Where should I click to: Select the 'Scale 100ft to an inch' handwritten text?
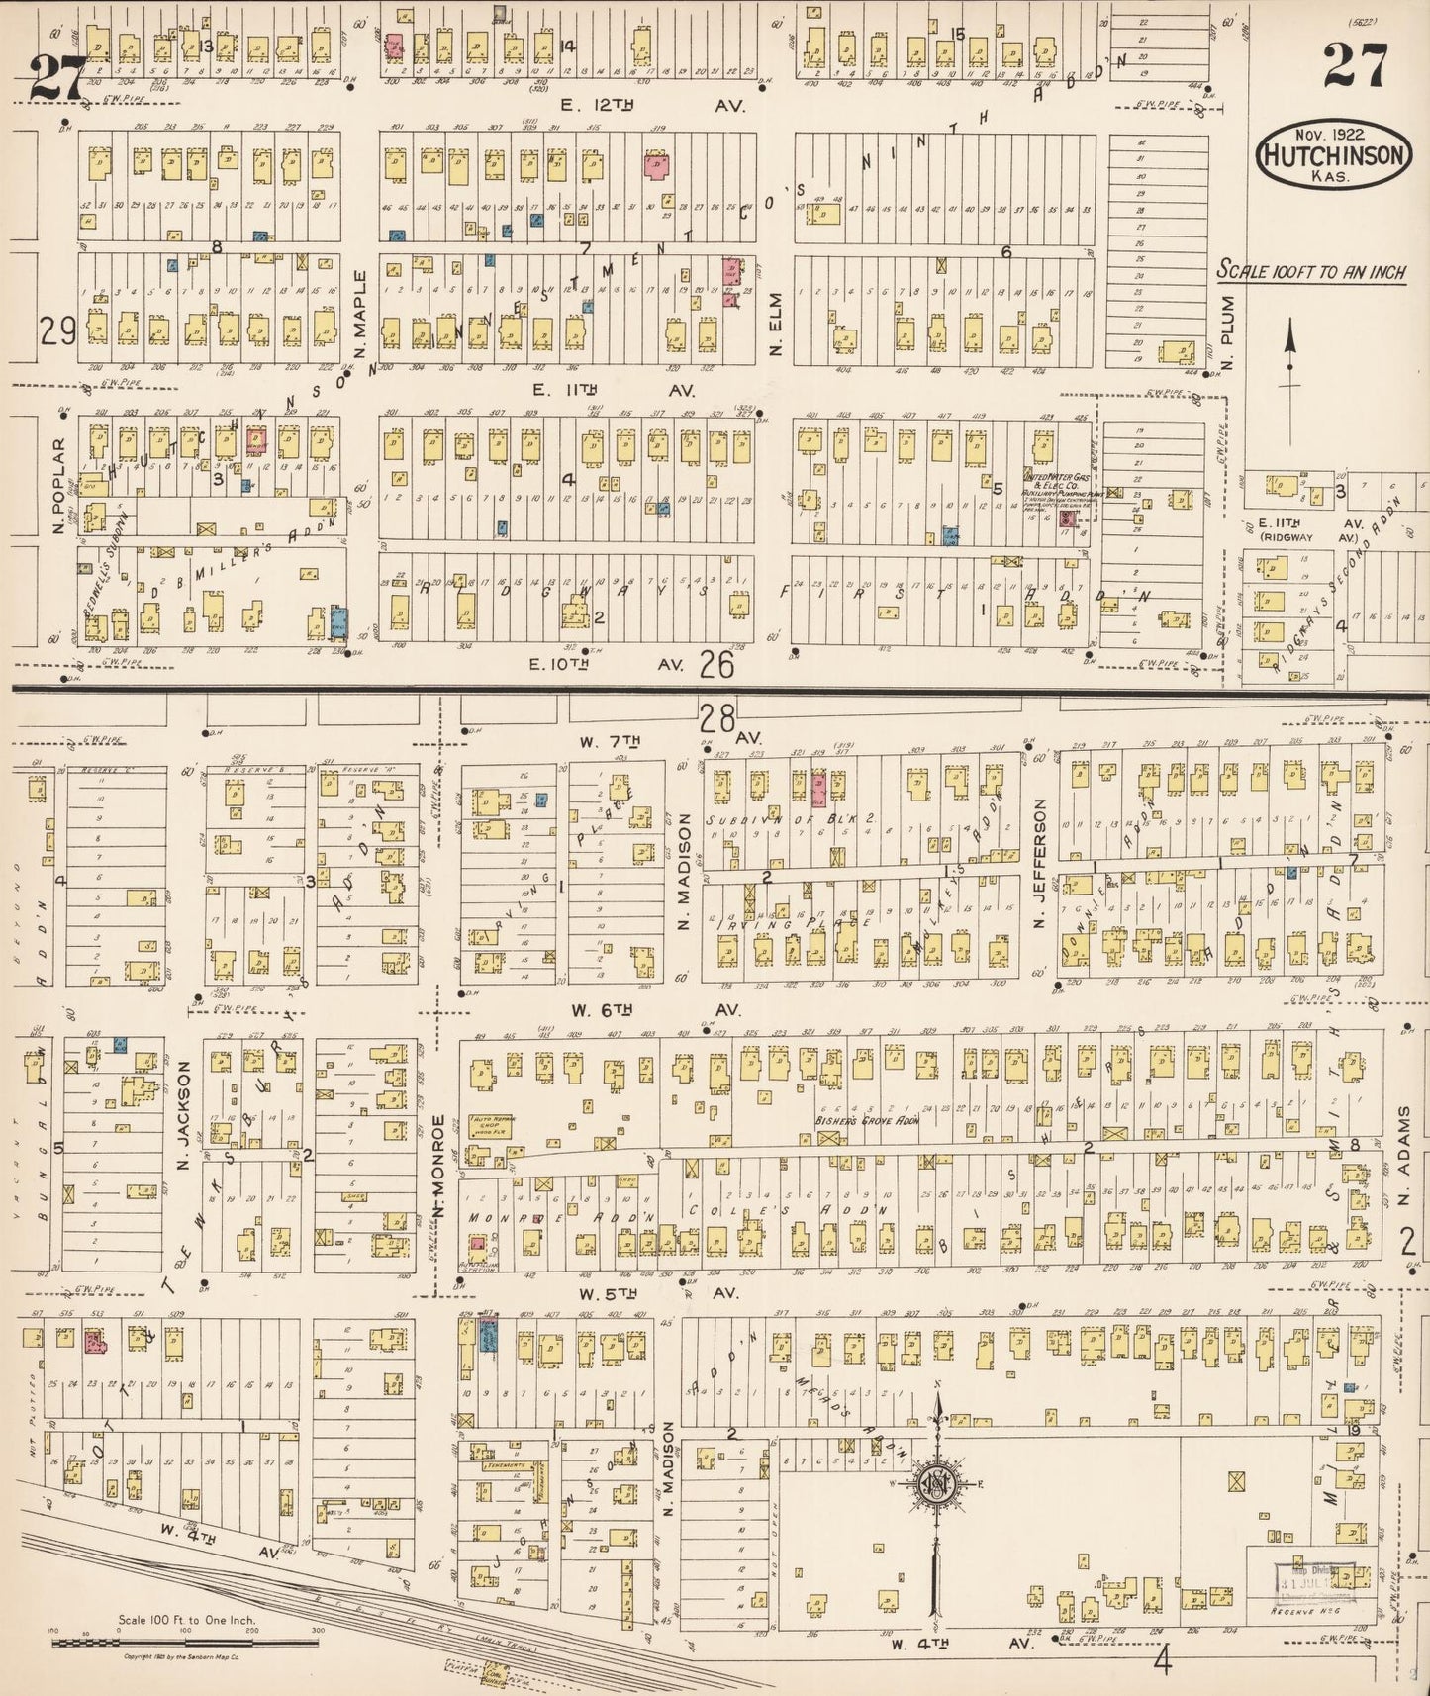pos(1311,271)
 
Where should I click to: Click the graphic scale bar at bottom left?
pos(185,1641)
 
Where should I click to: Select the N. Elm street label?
pos(776,324)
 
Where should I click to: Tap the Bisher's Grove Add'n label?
pos(867,1120)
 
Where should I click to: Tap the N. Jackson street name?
pos(183,1116)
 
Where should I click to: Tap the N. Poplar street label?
pos(58,486)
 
